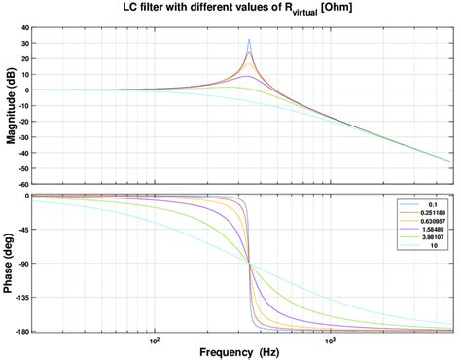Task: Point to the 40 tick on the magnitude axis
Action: [22, 28]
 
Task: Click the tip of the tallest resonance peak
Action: [249, 40]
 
